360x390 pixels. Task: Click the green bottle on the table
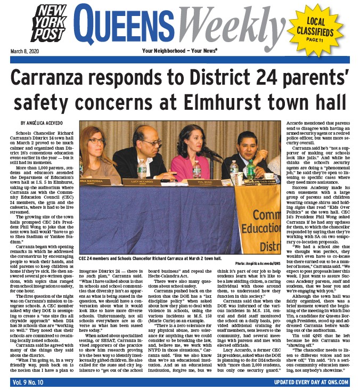point(250,169)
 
